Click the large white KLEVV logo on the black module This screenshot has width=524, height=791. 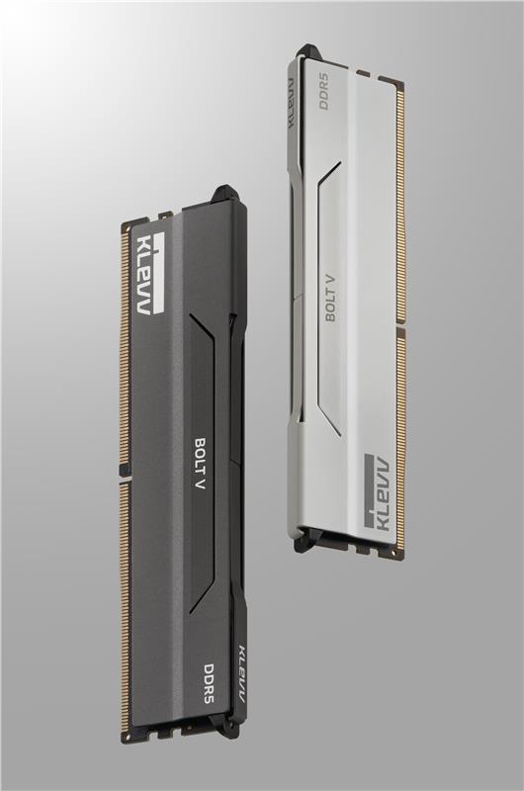click(151, 274)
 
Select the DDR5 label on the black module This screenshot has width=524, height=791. click(209, 683)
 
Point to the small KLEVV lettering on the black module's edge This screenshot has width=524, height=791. click(240, 673)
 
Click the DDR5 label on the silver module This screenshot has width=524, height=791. click(323, 91)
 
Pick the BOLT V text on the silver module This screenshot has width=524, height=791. click(331, 299)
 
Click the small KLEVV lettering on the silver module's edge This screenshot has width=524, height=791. click(291, 103)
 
